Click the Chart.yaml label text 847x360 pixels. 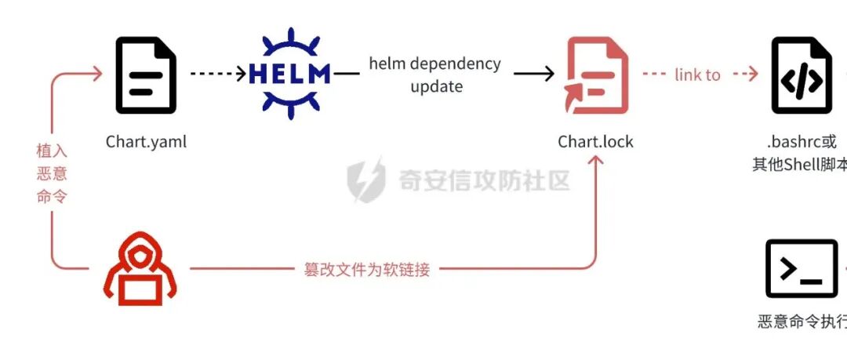click(x=147, y=142)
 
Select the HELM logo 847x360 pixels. click(x=290, y=74)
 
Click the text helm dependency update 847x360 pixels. click(x=435, y=75)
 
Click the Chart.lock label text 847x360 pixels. click(x=595, y=142)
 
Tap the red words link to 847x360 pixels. click(x=697, y=75)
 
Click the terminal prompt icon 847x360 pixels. click(x=801, y=268)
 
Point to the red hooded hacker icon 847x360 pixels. click(x=140, y=269)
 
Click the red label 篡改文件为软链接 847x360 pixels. click(x=367, y=269)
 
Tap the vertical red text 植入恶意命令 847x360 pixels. click(x=53, y=173)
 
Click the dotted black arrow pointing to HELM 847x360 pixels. click(x=218, y=74)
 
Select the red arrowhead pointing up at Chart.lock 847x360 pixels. click(x=596, y=161)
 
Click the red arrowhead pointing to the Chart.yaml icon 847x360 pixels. click(x=96, y=74)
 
